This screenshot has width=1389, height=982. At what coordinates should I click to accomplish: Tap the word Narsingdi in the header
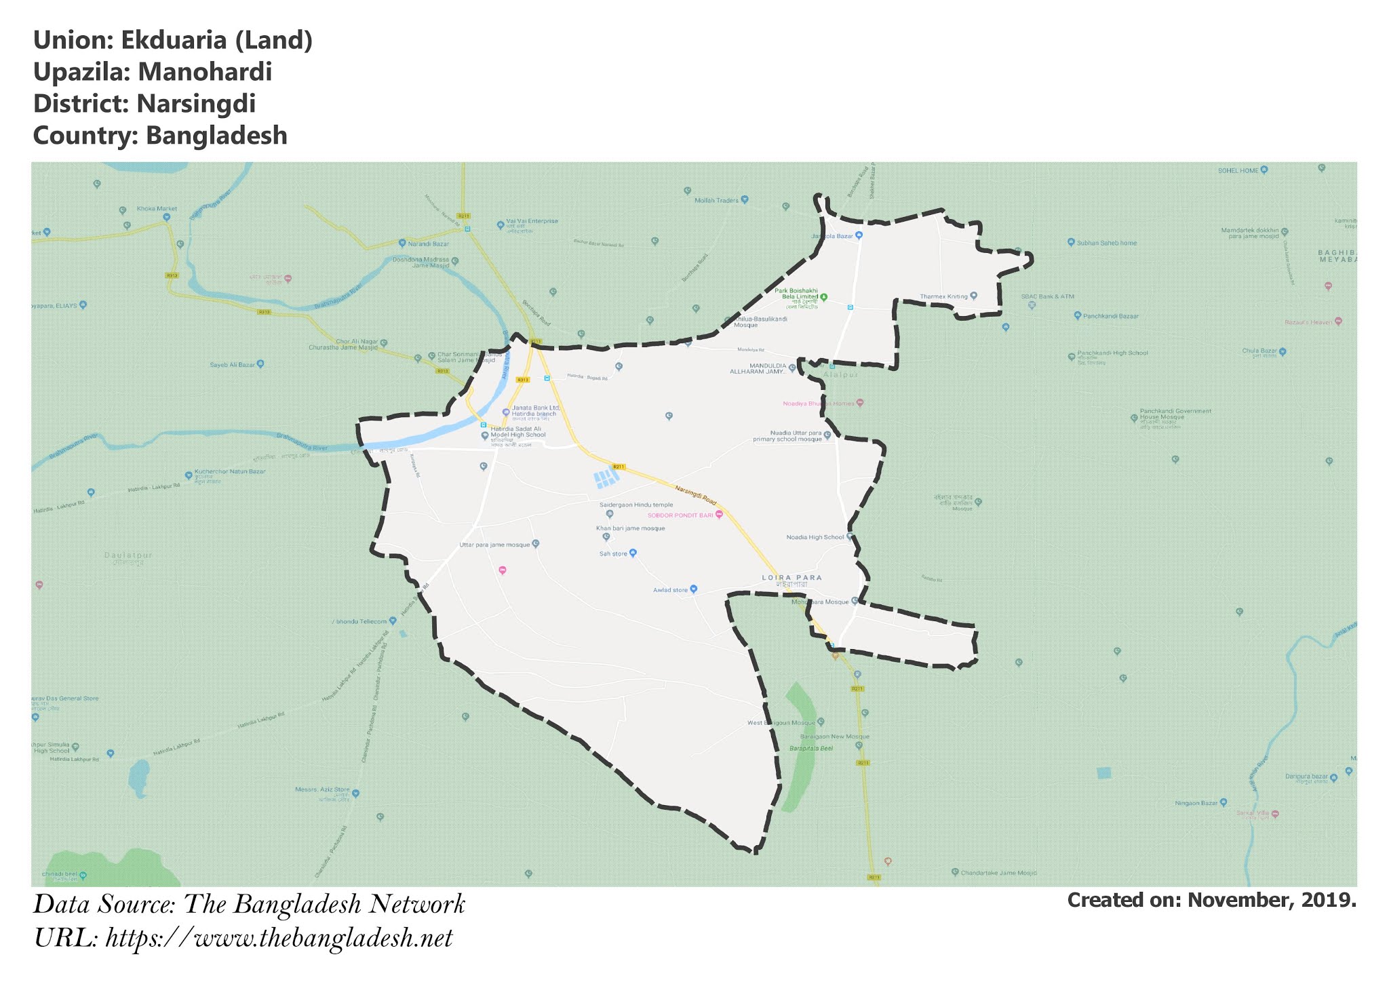(x=196, y=104)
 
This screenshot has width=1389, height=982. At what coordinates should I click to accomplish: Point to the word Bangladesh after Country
(x=216, y=136)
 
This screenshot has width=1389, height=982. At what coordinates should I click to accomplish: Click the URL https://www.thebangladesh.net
(x=279, y=939)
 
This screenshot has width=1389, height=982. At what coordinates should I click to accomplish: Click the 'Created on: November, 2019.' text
(x=1211, y=901)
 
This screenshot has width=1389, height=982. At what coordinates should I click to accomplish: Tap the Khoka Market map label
(x=156, y=209)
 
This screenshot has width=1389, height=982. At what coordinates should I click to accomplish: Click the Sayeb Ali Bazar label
(x=233, y=365)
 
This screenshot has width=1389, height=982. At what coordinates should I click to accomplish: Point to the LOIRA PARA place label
(x=791, y=578)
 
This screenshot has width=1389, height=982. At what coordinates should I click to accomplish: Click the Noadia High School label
(x=815, y=537)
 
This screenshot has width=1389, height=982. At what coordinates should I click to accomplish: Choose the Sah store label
(x=613, y=554)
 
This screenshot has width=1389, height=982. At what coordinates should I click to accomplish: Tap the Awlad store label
(x=670, y=590)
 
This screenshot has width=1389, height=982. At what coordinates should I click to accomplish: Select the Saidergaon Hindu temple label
(x=636, y=505)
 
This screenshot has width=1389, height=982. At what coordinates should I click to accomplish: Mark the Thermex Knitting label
(x=943, y=296)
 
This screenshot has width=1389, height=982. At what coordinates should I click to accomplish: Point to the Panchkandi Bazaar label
(x=1110, y=316)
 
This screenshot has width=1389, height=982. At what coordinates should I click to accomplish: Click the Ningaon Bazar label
(x=1196, y=804)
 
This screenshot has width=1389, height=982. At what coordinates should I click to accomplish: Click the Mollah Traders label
(x=716, y=200)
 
